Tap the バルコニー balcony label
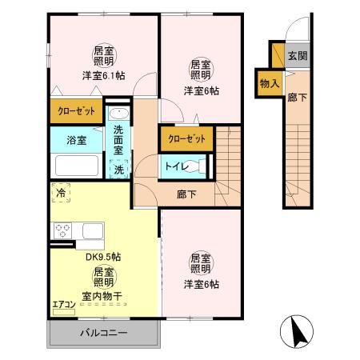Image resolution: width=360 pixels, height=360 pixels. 103,332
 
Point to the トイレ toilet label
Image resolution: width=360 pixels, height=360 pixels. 175,166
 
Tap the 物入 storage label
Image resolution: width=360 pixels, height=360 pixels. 270,82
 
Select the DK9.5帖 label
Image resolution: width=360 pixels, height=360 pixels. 103,258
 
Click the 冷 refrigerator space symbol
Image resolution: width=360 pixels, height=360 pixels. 61,193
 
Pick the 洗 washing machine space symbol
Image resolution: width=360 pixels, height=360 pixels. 119,169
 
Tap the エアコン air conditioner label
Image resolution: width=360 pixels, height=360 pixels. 64,304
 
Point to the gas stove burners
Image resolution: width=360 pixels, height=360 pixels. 62,231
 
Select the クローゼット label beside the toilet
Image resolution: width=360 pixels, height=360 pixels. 187,139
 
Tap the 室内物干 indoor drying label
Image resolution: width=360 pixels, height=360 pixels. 105,296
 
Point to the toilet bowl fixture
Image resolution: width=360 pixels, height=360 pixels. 198,166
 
